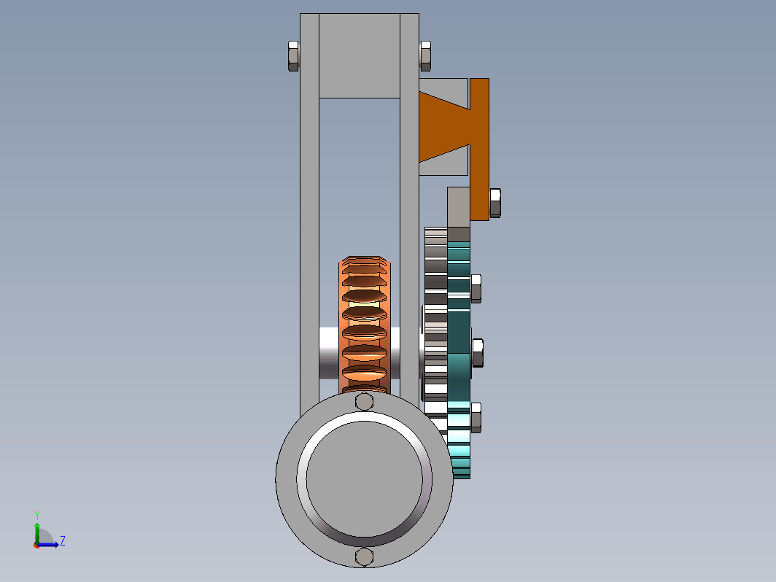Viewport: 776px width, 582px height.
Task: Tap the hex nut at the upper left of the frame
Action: click(x=293, y=56)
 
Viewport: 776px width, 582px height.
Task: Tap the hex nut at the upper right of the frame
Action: click(x=426, y=56)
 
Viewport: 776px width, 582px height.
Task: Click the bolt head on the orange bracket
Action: click(x=495, y=203)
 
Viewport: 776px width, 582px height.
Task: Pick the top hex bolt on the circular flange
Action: click(x=364, y=401)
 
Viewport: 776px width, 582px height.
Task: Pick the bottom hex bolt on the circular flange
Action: click(x=364, y=556)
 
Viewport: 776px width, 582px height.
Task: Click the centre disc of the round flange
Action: click(x=364, y=479)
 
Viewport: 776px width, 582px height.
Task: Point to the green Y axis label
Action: click(x=37, y=516)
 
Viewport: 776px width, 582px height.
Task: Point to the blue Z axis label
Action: click(x=63, y=540)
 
